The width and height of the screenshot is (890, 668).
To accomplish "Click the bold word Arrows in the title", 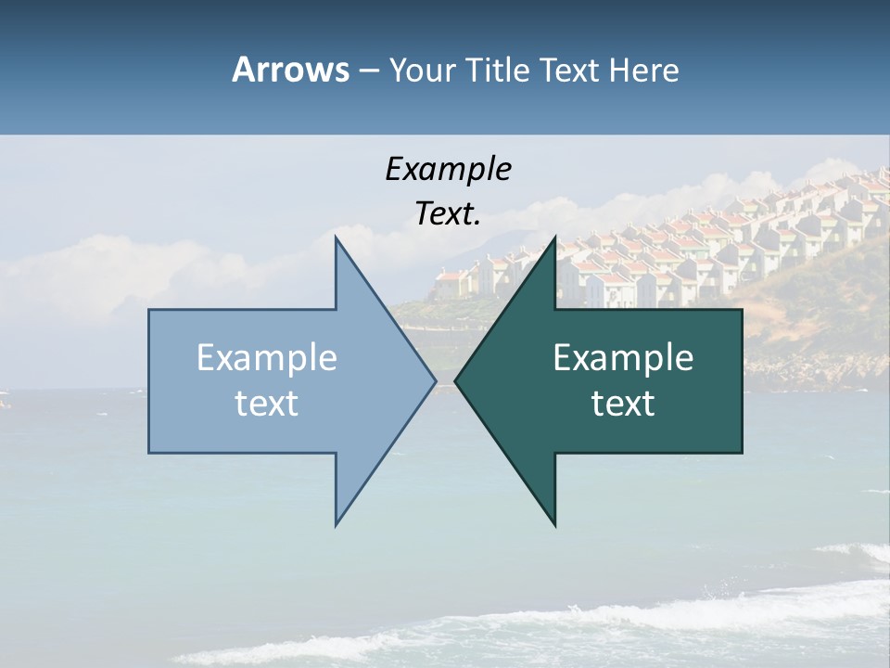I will pyautogui.click(x=290, y=70).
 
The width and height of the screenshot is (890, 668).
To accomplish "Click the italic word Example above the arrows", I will pyautogui.click(x=448, y=169).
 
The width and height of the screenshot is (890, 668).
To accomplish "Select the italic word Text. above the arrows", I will pyautogui.click(x=446, y=214).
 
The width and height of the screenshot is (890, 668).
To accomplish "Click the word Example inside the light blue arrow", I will pyautogui.click(x=267, y=358).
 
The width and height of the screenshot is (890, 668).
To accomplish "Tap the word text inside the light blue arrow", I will pyautogui.click(x=267, y=404).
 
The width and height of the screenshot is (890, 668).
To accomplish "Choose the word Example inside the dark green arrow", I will pyautogui.click(x=623, y=358).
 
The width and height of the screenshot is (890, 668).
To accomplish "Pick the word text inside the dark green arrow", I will pyautogui.click(x=623, y=404).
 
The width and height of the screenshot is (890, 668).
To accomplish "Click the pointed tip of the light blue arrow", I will pyautogui.click(x=435, y=380).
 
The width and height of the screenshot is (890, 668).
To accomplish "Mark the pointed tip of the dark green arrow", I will pyautogui.click(x=456, y=380).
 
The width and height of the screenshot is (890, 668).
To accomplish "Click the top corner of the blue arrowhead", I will pyautogui.click(x=337, y=238).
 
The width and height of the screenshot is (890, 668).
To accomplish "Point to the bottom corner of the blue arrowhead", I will pyautogui.click(x=337, y=525).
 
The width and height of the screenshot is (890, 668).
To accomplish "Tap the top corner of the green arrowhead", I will pyautogui.click(x=554, y=238).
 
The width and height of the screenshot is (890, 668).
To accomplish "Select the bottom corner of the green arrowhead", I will pyautogui.click(x=554, y=525).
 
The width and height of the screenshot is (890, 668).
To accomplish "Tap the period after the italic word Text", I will pyautogui.click(x=477, y=224).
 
